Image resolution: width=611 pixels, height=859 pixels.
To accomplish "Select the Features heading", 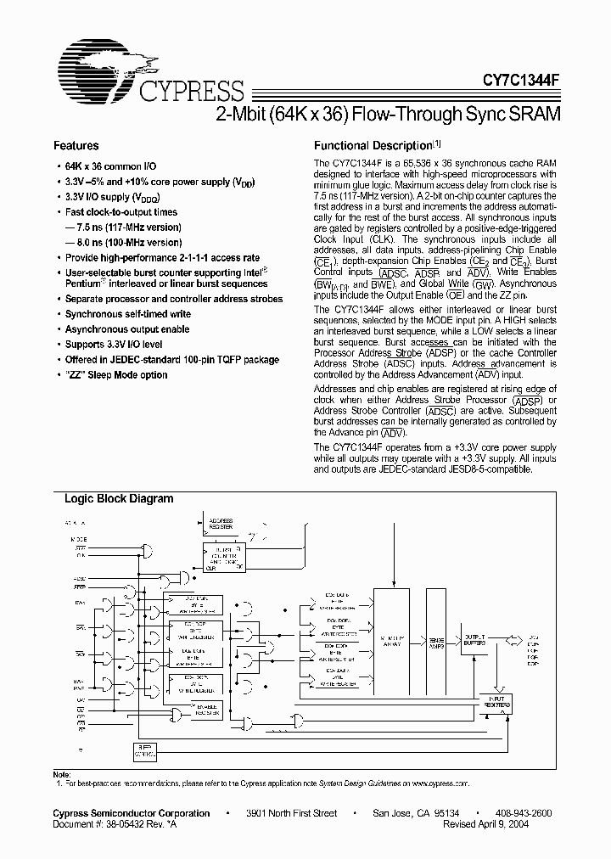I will (76, 146).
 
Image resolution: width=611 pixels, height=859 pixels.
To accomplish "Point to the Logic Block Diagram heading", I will (119, 499).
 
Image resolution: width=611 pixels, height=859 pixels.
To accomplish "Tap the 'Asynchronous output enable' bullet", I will (127, 329).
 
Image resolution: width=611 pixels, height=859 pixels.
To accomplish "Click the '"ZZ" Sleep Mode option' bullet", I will (116, 375).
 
